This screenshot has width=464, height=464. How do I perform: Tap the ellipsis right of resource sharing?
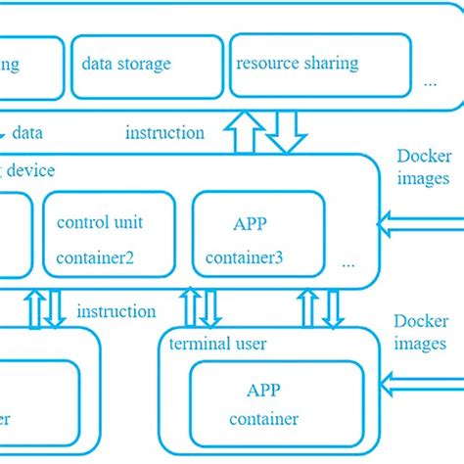point(430,84)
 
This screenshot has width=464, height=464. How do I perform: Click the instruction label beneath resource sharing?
point(165,132)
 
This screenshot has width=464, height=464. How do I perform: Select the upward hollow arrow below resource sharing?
point(244,131)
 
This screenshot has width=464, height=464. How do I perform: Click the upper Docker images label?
point(423,167)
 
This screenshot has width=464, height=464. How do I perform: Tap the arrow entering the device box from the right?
point(421,223)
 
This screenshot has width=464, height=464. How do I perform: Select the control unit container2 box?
point(109,238)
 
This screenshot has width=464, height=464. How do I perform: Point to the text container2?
point(109,258)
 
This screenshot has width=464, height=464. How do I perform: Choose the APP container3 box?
point(257,238)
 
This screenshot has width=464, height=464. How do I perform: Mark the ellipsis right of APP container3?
point(349,263)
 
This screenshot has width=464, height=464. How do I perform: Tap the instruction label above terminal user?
point(116,311)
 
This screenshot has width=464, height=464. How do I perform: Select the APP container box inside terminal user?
point(263,403)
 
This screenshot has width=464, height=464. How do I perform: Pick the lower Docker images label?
point(420,332)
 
